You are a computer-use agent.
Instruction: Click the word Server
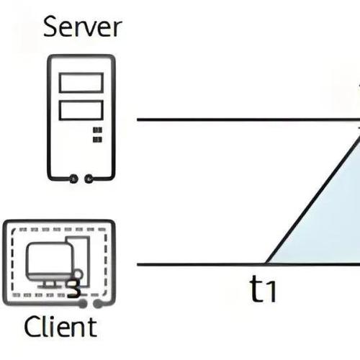coord(83,27)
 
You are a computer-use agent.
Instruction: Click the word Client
coord(60,328)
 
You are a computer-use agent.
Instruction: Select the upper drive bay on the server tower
coord(81,84)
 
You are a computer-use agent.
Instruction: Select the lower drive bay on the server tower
coord(81,110)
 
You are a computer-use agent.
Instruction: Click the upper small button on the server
coord(96,131)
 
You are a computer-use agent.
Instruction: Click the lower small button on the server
coord(96,141)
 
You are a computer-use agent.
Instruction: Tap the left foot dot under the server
coord(73,179)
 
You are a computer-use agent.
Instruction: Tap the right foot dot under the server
coord(89,179)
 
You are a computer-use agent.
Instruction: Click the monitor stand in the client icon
coord(50,282)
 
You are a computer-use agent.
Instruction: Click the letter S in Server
coord(51,27)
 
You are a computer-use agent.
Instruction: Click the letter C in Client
coord(32,328)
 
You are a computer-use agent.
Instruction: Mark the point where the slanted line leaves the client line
coord(266,264)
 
